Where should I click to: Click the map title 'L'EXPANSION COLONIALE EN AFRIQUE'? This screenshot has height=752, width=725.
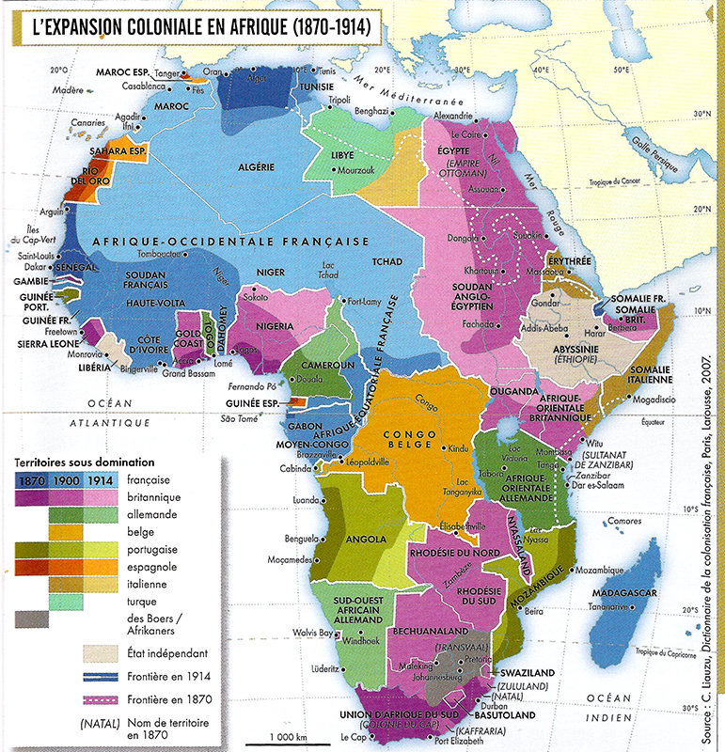point(197,27)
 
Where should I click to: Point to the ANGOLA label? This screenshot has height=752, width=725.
point(367,540)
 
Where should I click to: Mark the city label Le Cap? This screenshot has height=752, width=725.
point(353,736)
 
